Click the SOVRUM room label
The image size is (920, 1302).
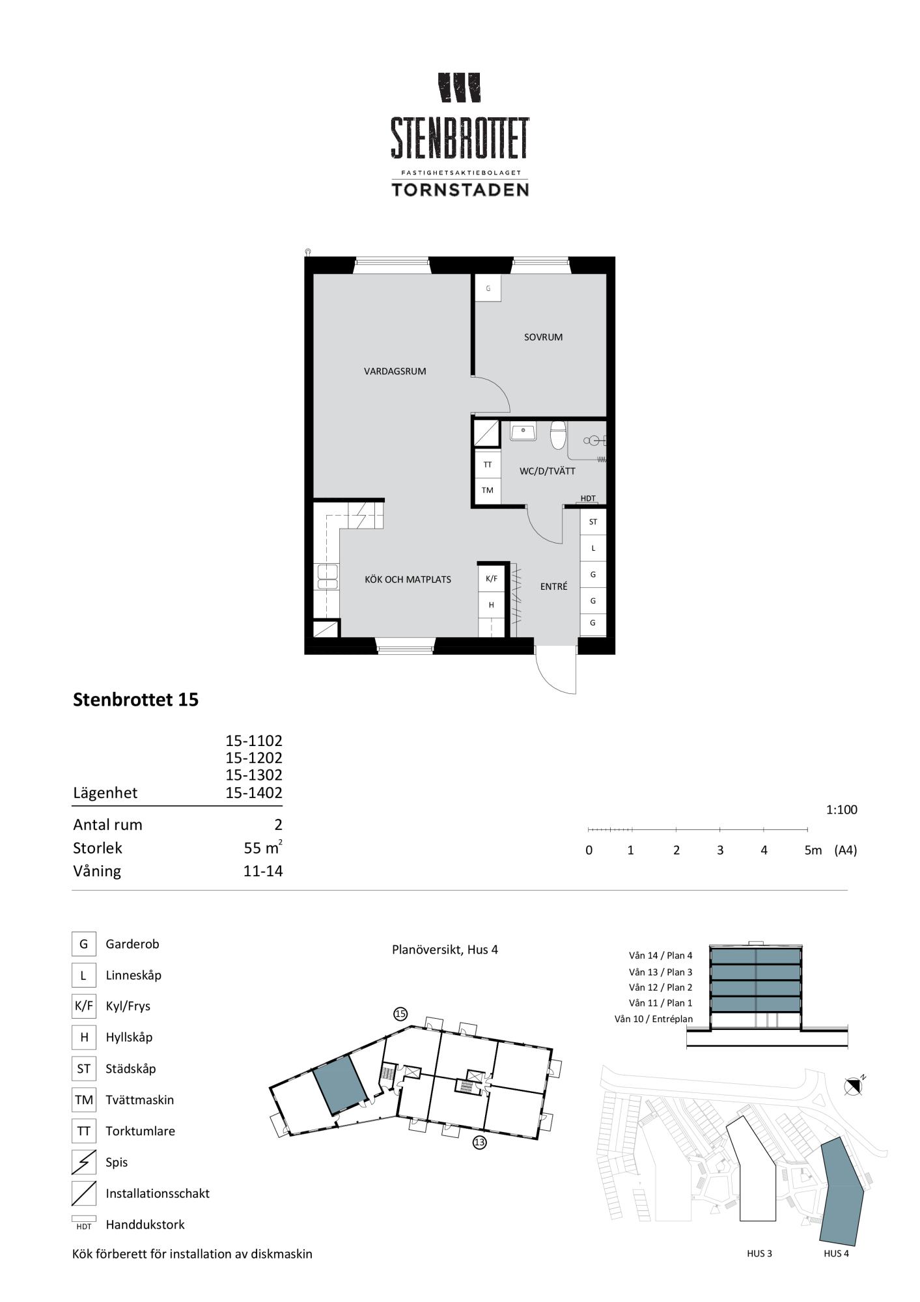(x=543, y=337)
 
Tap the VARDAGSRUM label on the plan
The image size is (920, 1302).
(x=395, y=372)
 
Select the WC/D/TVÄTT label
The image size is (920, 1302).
(x=547, y=471)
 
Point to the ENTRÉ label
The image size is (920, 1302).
(x=553, y=587)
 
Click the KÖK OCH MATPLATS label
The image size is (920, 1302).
(x=408, y=579)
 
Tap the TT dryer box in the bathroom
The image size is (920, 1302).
(x=488, y=465)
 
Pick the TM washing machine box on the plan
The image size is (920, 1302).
(x=488, y=490)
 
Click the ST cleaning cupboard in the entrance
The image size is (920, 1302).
(x=593, y=522)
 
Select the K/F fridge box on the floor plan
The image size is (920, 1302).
(x=492, y=578)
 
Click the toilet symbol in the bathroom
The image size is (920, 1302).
(x=558, y=436)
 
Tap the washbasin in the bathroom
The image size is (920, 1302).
(x=523, y=432)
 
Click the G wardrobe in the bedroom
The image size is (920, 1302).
(x=488, y=288)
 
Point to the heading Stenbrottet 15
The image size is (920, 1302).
(x=135, y=700)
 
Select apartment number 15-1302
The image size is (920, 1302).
(x=254, y=775)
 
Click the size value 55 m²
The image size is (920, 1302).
(x=263, y=848)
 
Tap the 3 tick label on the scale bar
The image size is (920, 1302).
(x=720, y=850)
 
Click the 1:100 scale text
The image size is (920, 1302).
(x=842, y=810)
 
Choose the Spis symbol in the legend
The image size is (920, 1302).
(x=83, y=1162)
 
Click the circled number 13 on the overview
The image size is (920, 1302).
(x=480, y=1142)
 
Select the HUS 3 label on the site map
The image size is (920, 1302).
(x=760, y=1253)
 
